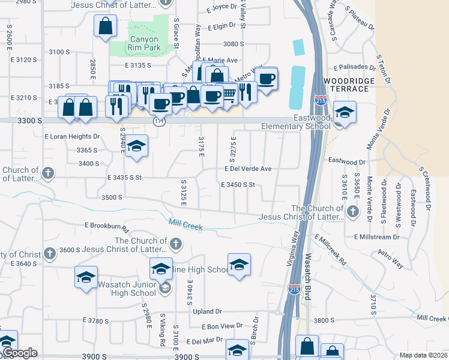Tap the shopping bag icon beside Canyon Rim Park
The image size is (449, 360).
tap(106, 26)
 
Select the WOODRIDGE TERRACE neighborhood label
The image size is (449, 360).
tap(346, 85)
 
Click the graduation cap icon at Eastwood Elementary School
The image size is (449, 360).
tap(345, 112)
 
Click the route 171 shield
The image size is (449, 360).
tap(158, 121)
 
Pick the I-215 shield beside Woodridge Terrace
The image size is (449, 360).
tap(321, 100)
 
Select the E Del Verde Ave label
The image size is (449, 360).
tap(248, 169)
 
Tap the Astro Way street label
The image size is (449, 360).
tap(390, 260)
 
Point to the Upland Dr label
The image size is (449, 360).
tap(207, 311)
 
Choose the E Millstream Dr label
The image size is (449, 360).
tap(377, 237)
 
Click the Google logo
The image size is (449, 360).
tap(20, 353)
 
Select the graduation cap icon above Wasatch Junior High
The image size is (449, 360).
tap(86, 277)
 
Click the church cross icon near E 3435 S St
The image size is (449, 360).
tap(48, 173)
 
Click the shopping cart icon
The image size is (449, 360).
tap(229, 93)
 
